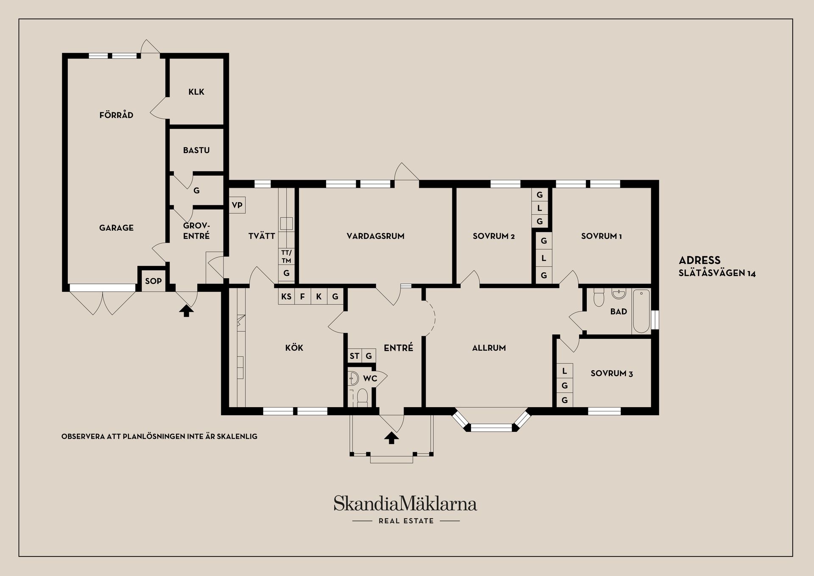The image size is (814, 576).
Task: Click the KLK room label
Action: [x=196, y=92]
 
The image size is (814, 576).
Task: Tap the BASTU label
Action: [x=196, y=150]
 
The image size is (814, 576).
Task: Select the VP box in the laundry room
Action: [x=237, y=205]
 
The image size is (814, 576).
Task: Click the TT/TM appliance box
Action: [x=286, y=257]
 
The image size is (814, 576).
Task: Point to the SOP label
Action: [x=153, y=281]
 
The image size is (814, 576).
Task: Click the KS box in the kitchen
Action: [x=286, y=296]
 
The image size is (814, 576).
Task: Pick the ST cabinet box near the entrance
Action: [x=354, y=356]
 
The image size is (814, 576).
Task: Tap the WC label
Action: [x=370, y=378]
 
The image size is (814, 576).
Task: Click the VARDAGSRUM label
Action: [x=375, y=236]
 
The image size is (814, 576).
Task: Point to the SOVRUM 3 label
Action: [x=611, y=374]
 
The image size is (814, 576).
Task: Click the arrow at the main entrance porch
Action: [x=391, y=438]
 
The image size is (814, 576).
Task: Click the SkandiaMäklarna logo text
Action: [x=405, y=504]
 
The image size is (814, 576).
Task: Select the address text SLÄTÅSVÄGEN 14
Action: [x=717, y=273]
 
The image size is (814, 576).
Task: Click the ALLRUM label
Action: [x=489, y=348]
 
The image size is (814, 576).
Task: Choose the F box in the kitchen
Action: [x=302, y=296]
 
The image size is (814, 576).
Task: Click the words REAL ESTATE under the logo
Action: [x=406, y=521]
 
